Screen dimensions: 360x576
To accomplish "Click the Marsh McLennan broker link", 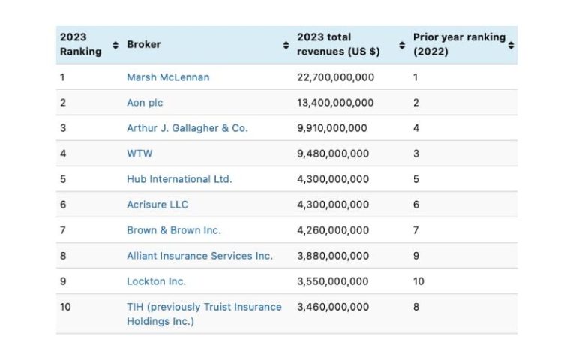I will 168,77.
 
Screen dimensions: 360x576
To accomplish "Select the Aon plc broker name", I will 145,103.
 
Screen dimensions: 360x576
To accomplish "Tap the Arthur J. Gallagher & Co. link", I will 187,128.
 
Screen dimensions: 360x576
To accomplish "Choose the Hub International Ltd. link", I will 179,179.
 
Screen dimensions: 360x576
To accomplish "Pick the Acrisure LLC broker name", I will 157,205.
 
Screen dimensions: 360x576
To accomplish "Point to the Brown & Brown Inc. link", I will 174,230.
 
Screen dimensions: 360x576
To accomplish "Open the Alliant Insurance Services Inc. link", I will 199,256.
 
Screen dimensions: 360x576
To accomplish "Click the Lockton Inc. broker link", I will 156,281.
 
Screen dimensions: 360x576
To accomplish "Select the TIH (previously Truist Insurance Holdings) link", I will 204,313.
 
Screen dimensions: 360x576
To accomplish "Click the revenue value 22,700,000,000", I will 335,77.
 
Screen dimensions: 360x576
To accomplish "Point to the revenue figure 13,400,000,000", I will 335,103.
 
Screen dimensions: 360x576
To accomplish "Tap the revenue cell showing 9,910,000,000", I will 332,128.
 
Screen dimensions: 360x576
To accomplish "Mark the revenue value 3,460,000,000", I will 332,307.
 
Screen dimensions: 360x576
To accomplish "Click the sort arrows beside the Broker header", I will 286,45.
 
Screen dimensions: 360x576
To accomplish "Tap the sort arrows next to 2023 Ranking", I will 115,45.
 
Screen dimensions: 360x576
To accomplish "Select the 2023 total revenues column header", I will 337,44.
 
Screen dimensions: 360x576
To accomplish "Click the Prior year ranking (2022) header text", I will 459,44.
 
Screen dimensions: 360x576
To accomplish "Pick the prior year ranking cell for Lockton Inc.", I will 418,281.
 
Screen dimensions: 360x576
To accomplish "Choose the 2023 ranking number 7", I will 63,230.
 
